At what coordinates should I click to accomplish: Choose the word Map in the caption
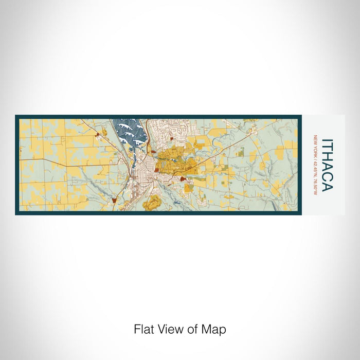(x=214, y=329)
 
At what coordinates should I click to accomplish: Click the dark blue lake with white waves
(x=126, y=132)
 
